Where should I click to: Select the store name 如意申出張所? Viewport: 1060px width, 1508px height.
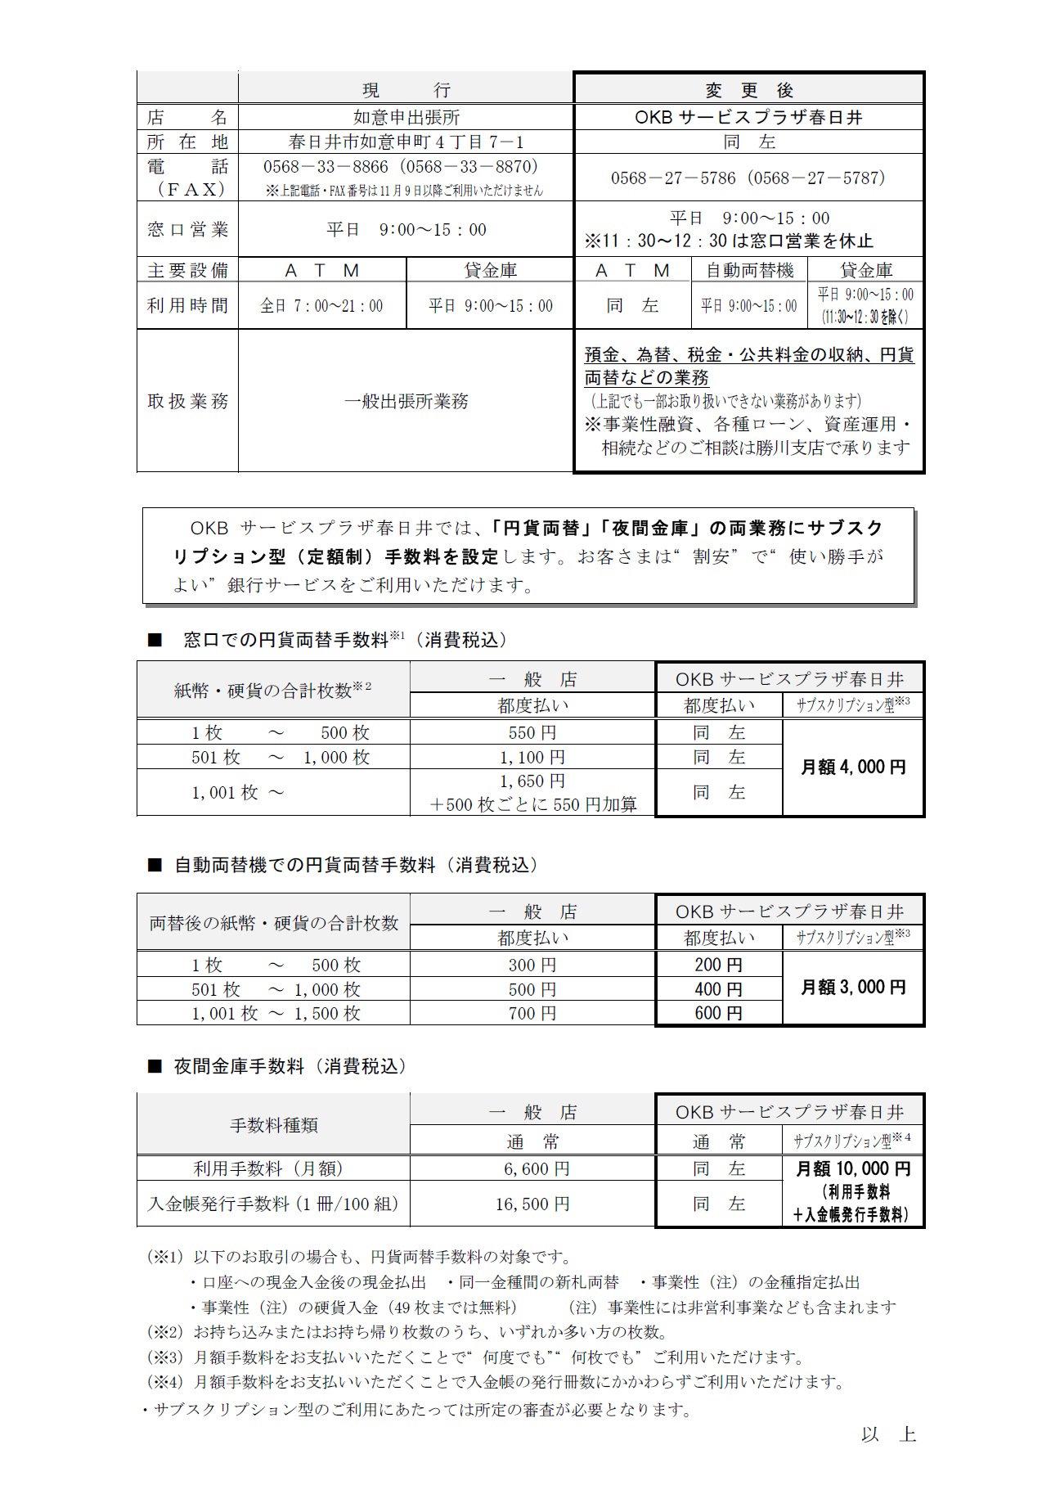[406, 117]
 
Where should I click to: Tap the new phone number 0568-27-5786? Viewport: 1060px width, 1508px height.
[673, 178]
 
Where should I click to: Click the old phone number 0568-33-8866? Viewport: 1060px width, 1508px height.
[326, 167]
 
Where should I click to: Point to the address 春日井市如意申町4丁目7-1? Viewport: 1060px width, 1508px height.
[406, 142]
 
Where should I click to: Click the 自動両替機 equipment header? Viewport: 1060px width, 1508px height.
[749, 270]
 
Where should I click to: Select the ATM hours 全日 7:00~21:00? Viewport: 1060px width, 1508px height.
[321, 306]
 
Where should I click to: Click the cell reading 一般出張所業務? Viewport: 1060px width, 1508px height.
[406, 401]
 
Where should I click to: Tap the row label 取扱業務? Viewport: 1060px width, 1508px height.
[187, 401]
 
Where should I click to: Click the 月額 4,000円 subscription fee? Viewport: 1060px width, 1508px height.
[853, 768]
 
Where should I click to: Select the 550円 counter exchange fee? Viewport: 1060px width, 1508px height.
[532, 732]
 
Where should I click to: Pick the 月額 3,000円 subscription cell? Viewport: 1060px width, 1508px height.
[853, 988]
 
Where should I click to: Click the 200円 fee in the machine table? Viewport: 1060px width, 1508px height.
[718, 965]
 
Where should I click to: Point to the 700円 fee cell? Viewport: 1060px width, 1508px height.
[532, 1013]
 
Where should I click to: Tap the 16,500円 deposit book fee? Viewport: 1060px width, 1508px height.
[532, 1204]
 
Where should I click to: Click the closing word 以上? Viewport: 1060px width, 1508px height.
[887, 1434]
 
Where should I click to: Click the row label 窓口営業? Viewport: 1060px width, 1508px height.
[187, 230]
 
